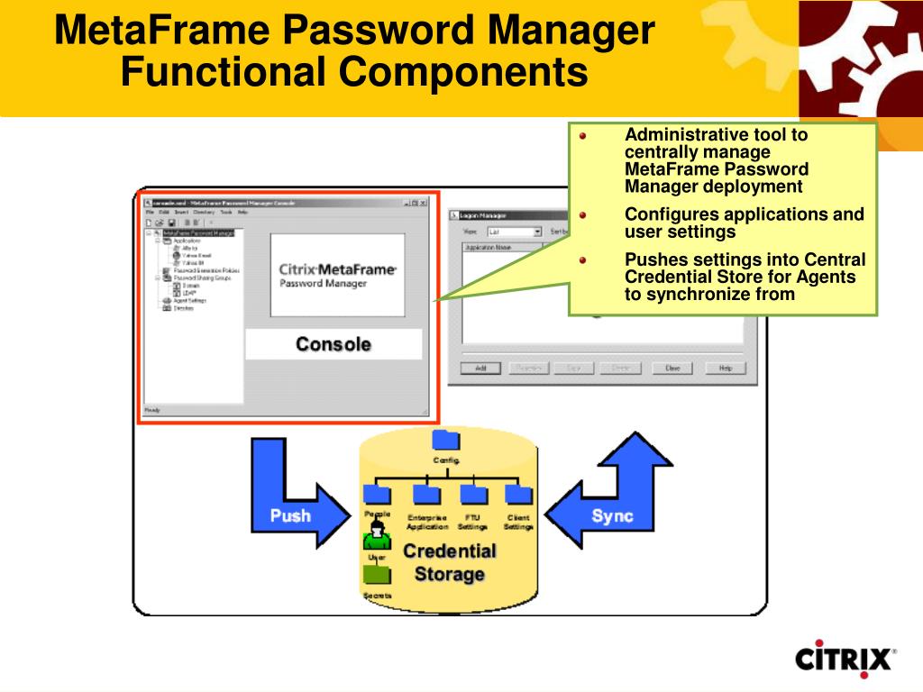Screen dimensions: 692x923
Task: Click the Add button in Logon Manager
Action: click(480, 368)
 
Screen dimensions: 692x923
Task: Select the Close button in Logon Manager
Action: click(672, 368)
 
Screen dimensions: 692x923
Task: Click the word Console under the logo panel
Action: click(334, 344)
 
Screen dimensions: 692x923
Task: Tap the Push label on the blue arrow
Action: click(290, 515)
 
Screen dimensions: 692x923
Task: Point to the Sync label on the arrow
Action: click(612, 516)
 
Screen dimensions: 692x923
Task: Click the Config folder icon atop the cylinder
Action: click(445, 441)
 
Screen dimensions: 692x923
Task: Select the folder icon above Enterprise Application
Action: click(425, 494)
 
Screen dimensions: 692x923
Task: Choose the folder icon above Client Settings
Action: click(518, 494)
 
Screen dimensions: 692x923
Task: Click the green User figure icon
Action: click(377, 537)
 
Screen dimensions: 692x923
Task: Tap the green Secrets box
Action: click(377, 575)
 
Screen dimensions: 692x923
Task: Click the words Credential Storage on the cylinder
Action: click(449, 562)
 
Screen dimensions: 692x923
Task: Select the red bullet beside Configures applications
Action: click(583, 215)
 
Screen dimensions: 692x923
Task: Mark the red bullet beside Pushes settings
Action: click(583, 260)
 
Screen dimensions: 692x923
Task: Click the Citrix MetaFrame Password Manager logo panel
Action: click(337, 276)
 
